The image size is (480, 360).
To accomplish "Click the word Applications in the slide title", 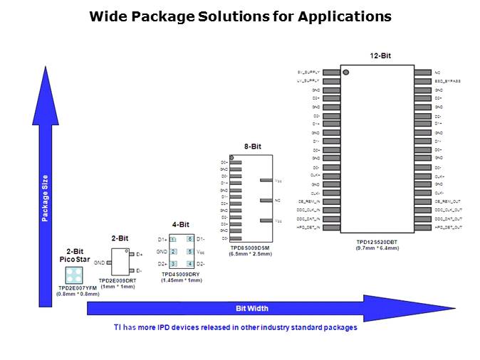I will [345, 16].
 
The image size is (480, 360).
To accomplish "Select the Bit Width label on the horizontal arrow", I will [252, 308].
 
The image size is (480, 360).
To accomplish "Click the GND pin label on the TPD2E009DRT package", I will [100, 263].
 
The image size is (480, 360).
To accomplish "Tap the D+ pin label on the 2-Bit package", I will [140, 254].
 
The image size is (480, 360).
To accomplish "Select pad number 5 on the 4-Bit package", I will [190, 252].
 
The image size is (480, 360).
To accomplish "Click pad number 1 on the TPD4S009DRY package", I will [173, 240].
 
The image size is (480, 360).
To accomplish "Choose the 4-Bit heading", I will [181, 225].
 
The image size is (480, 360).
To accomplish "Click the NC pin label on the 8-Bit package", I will [278, 201].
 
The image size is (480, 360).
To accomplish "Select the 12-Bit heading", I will [380, 55].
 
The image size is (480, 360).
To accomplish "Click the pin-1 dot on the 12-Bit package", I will [346, 72].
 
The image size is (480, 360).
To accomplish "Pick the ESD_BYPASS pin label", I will [448, 81].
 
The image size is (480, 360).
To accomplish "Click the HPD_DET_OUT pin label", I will [448, 227].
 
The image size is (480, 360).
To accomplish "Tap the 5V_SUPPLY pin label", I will [308, 73].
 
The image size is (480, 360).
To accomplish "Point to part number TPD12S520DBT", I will [377, 242].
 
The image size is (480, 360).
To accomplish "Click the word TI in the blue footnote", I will [118, 327].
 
